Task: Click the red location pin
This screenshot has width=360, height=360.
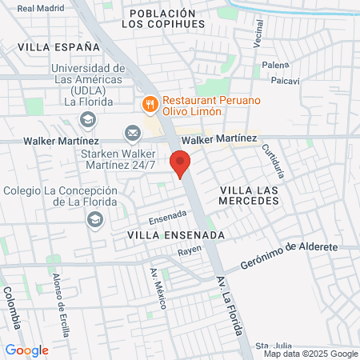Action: (181, 163)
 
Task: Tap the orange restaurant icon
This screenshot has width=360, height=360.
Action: (149, 104)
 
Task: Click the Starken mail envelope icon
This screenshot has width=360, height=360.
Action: (132, 133)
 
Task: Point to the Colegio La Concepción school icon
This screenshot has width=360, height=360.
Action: (96, 219)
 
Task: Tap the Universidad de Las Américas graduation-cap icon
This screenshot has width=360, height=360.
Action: (87, 120)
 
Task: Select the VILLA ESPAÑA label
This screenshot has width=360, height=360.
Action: (49, 47)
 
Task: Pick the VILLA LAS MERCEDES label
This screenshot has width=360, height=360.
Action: (249, 194)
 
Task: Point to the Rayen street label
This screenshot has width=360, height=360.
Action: (189, 250)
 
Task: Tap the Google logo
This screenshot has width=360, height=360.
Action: (27, 350)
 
